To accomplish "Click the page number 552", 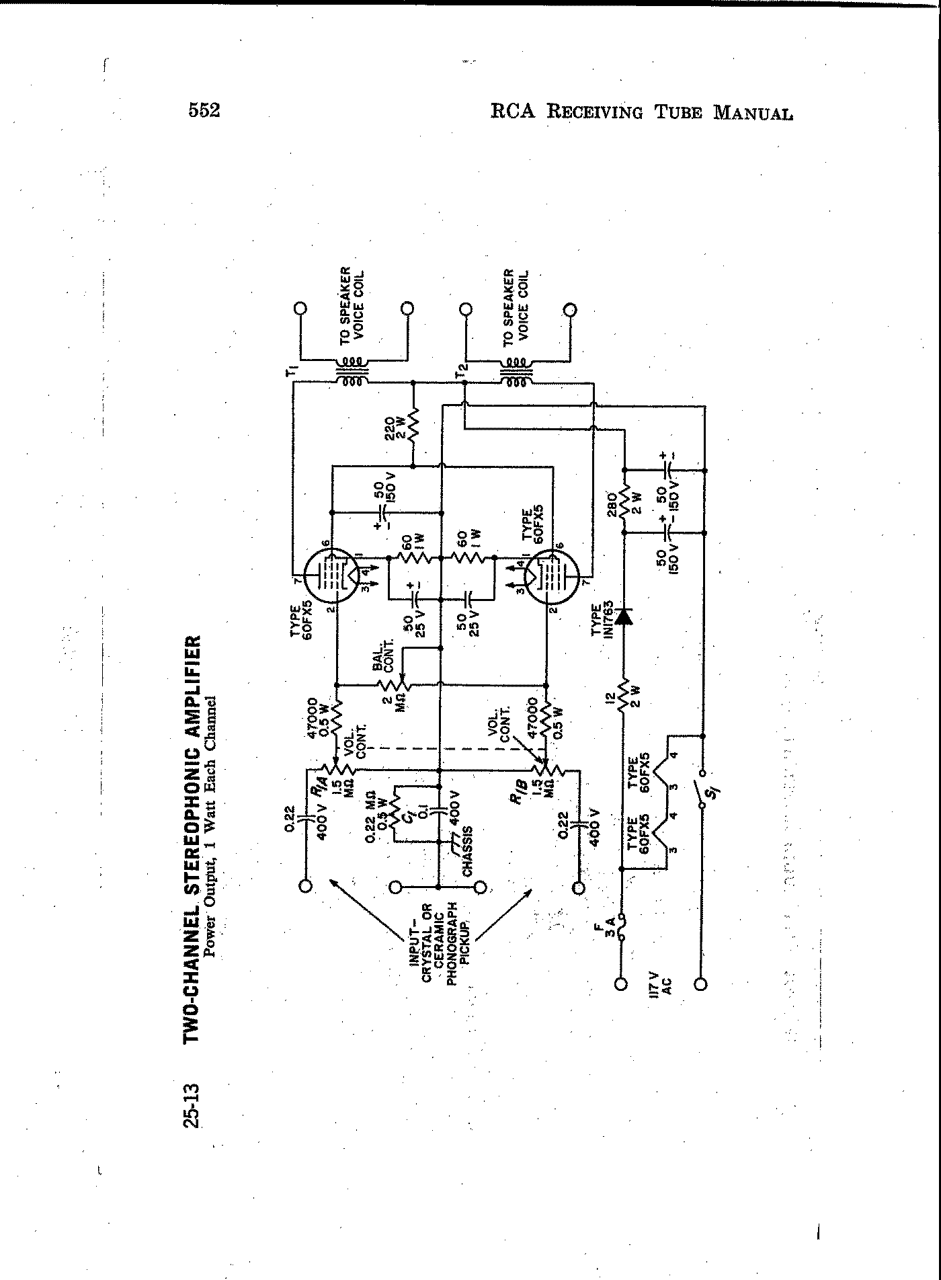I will point(204,110).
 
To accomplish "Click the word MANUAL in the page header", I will point(753,112).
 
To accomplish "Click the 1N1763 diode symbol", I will point(624,616).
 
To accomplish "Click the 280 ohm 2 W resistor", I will point(624,499).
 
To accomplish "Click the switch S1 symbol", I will point(702,797).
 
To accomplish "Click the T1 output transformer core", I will point(352,372).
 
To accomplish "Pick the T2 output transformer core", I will point(516,372).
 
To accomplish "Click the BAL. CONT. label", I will point(383,657).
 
